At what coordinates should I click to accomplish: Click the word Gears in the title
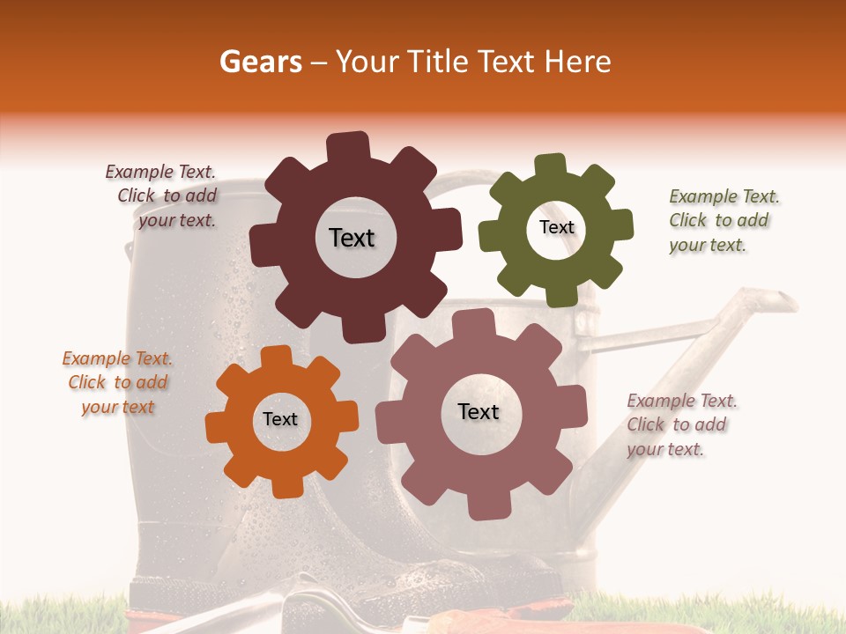[260, 62]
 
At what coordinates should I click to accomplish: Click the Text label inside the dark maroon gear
[352, 238]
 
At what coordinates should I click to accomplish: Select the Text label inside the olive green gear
[556, 227]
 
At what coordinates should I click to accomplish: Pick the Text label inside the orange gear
[280, 419]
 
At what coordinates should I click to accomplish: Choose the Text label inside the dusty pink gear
[479, 411]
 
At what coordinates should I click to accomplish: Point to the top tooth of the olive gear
[551, 166]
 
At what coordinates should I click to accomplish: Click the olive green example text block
[724, 220]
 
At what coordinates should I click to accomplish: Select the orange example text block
[117, 382]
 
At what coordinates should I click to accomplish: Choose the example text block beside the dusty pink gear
[681, 424]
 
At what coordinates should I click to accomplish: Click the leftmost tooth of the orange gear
[217, 427]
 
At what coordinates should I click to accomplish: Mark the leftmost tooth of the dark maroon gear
[261, 242]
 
